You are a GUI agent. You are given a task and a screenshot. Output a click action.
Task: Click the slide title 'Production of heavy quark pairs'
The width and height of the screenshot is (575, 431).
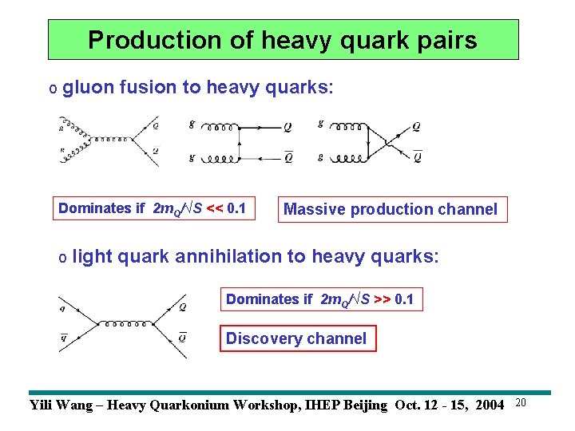(283, 40)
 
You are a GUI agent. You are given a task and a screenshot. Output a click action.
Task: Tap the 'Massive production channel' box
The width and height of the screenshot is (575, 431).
(391, 209)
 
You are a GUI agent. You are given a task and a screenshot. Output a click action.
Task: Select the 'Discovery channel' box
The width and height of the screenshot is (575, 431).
(296, 338)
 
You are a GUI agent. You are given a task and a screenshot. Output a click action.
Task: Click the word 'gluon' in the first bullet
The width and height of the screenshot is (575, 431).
(88, 87)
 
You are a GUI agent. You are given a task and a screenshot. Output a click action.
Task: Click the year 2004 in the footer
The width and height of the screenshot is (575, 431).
(489, 405)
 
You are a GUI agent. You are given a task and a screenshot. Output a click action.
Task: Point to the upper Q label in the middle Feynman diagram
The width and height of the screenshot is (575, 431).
(287, 126)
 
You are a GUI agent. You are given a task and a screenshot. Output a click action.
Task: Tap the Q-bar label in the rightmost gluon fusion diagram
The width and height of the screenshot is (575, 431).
(417, 156)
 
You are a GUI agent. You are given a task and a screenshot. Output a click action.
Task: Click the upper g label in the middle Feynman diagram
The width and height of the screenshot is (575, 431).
(192, 124)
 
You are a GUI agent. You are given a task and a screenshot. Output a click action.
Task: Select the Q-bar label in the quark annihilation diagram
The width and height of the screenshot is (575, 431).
(183, 338)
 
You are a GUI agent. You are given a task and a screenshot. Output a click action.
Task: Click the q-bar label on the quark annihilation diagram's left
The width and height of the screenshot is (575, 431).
(63, 337)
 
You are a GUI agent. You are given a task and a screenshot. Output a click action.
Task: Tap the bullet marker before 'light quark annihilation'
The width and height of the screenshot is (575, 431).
(62, 258)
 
